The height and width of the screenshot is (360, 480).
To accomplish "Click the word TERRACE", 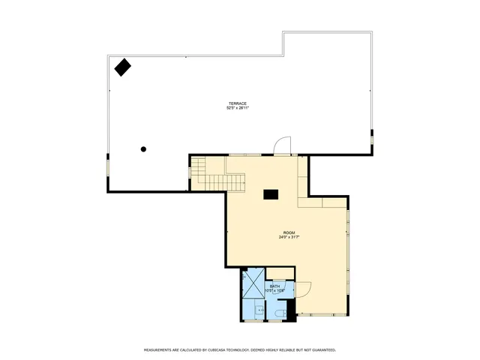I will (238, 103).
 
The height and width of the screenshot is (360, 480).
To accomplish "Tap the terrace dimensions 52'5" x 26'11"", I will (238, 108).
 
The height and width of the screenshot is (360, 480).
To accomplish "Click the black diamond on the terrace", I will (122, 67).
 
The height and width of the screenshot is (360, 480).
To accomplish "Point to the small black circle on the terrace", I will (143, 148).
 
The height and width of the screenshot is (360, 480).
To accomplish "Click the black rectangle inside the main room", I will (270, 194).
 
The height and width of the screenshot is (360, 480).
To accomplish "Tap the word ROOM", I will (289, 232).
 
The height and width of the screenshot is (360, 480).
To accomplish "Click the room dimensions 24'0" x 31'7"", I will (289, 237).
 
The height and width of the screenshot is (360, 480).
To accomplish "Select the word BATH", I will (274, 286).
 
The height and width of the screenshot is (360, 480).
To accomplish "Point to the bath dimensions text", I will (274, 290).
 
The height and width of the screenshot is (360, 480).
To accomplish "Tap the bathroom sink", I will (259, 308).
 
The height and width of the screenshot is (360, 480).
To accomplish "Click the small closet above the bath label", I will (280, 273).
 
